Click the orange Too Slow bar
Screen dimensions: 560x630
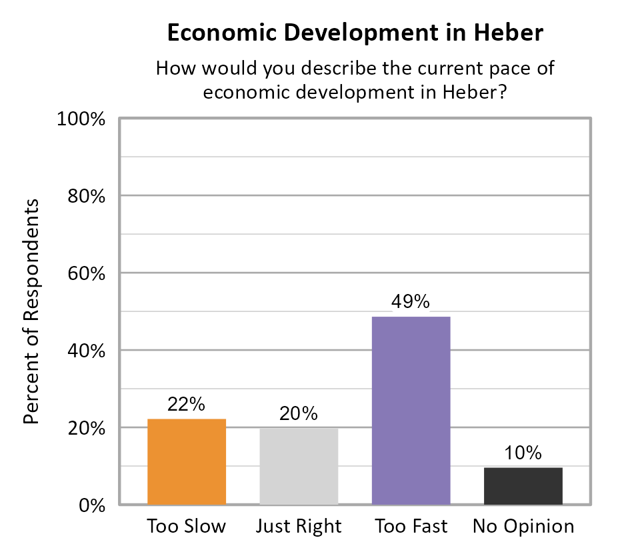[187, 461]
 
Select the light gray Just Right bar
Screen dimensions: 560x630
[299, 466]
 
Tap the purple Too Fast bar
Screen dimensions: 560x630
[411, 410]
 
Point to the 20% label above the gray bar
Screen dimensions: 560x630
[299, 414]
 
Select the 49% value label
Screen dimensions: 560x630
[411, 302]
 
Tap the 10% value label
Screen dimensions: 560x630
[523, 453]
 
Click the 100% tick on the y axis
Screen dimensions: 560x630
[83, 120]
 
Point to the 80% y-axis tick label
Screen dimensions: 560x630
[87, 197]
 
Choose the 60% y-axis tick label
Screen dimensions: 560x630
[87, 274]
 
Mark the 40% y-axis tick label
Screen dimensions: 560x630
[87, 351]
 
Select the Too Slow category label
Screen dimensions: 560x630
[187, 526]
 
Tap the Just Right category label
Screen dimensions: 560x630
[299, 526]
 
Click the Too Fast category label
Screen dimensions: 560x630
[411, 526]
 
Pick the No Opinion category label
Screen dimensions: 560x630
[523, 526]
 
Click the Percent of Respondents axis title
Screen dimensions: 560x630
[31, 311]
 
